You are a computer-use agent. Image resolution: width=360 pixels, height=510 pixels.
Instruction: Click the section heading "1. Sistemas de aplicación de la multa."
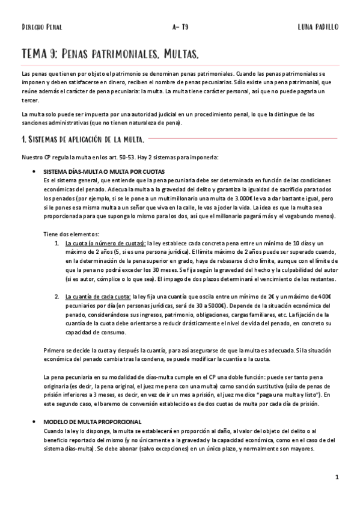82,141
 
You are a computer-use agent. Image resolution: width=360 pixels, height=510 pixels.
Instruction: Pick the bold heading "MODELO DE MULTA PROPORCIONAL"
90,423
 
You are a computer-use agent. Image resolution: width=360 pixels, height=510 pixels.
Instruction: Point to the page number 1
338,477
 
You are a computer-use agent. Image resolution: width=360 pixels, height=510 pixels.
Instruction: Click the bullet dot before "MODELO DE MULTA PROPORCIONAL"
39,423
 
